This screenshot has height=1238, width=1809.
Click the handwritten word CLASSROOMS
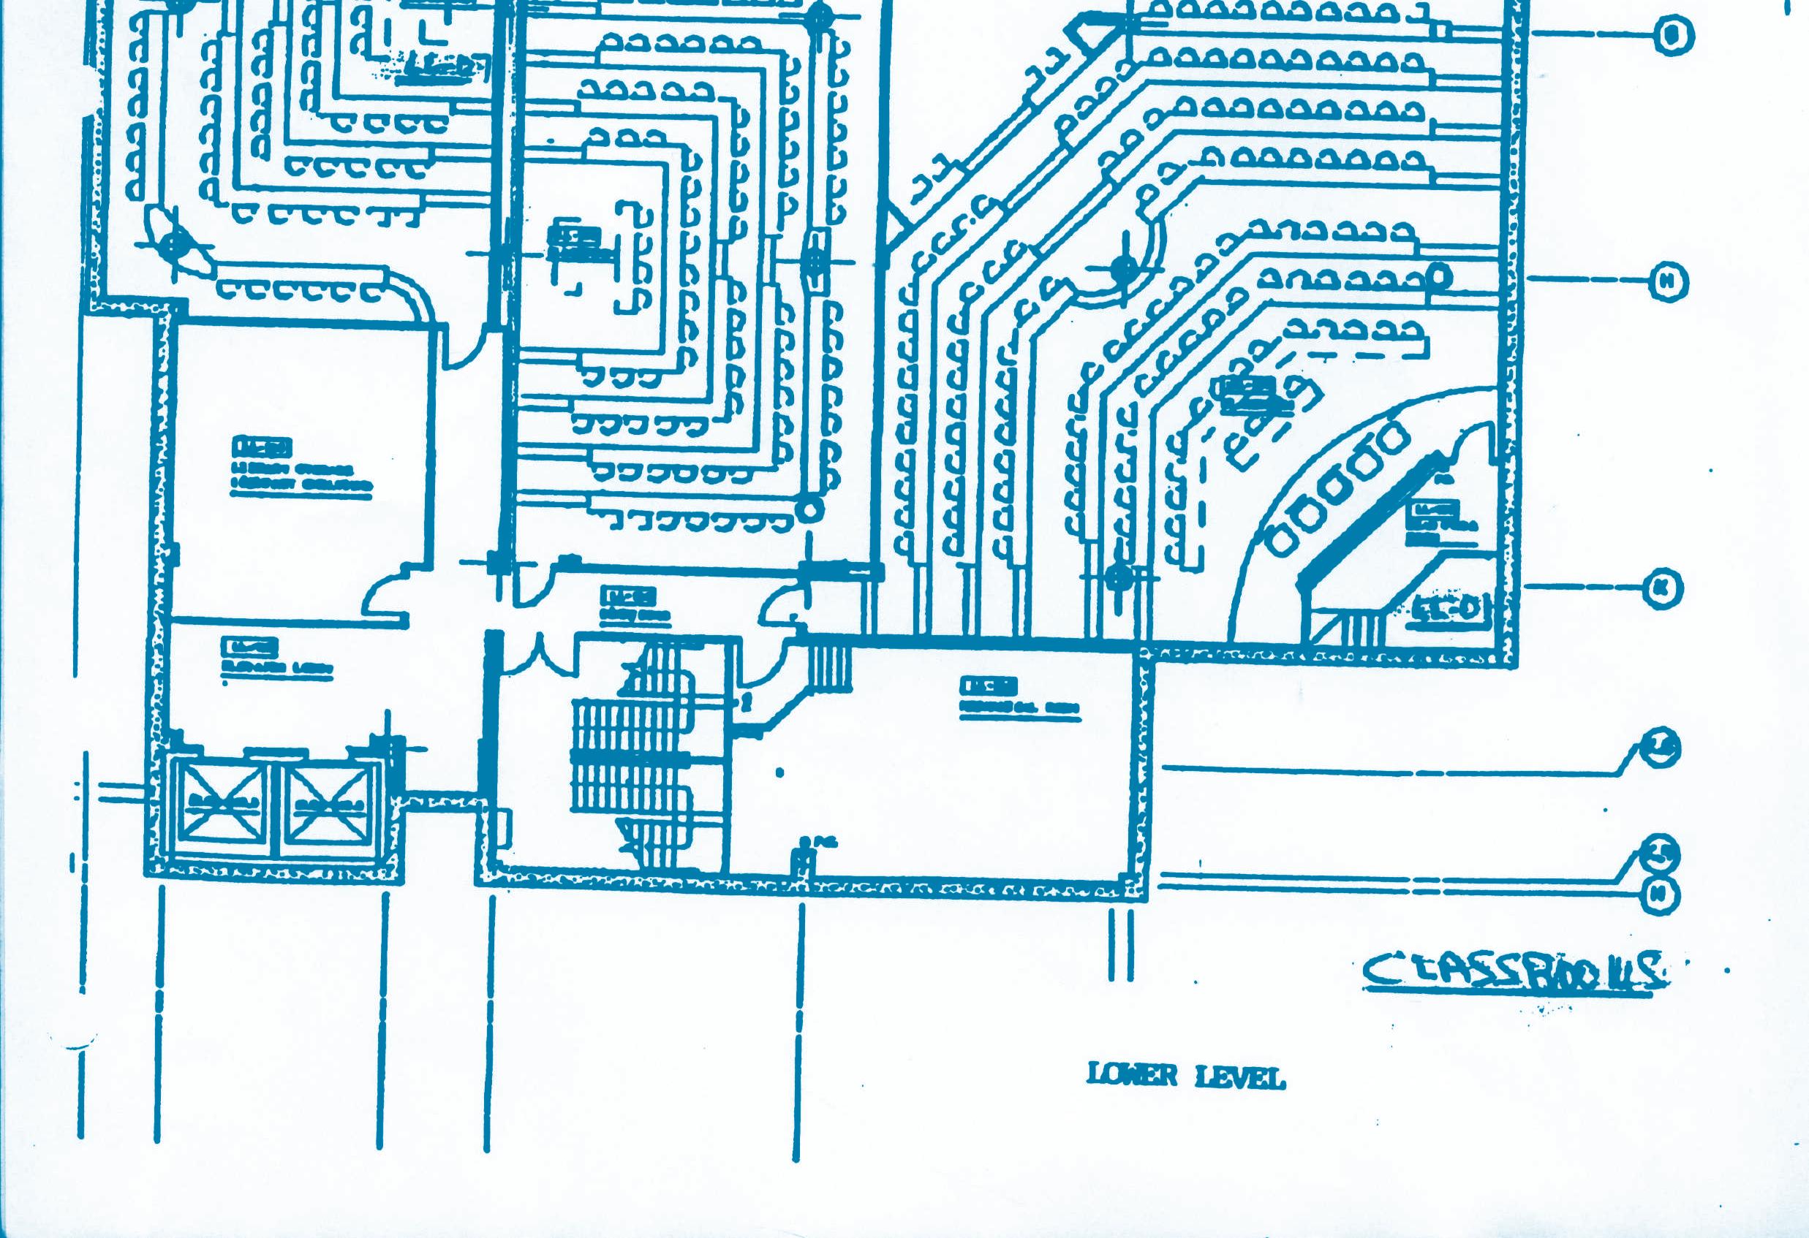coord(1514,973)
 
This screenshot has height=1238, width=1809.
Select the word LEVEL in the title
coord(1239,1078)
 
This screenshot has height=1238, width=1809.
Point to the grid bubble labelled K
coord(1662,588)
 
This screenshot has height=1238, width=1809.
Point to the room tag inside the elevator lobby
coord(250,647)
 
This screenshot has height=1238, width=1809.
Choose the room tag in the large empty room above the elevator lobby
coord(262,447)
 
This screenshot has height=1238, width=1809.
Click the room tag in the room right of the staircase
coord(988,686)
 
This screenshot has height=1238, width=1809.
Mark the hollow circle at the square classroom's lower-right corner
coord(809,509)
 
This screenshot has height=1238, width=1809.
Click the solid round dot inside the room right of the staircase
coord(780,772)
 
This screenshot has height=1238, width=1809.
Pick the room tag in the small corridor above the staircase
coord(627,597)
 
